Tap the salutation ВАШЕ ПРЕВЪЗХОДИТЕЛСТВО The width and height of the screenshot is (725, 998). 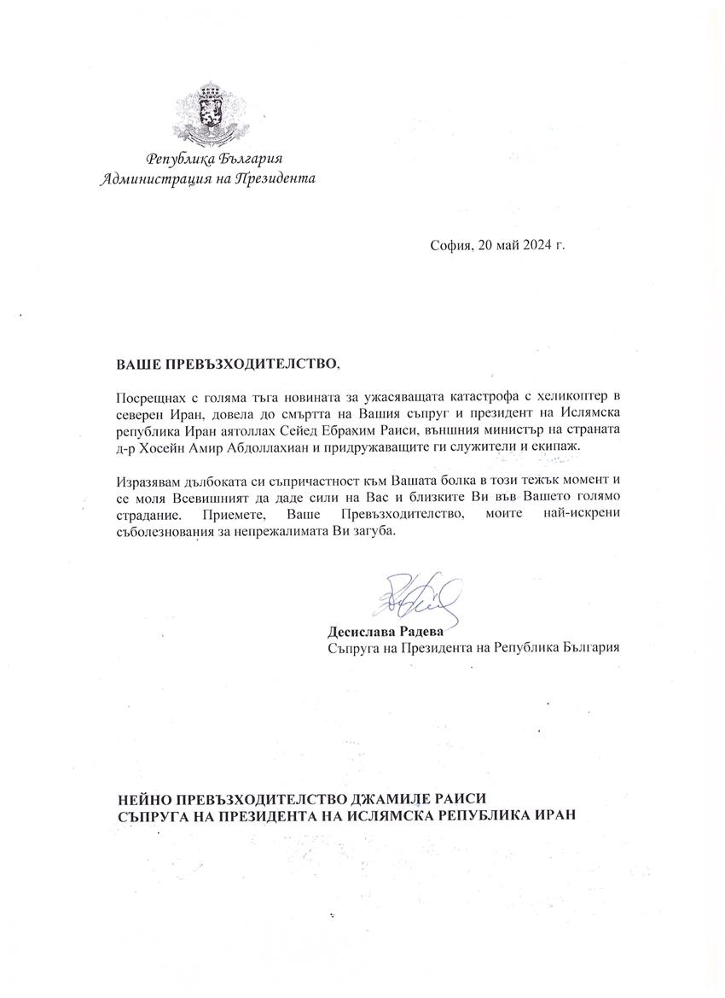[x=227, y=365]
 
